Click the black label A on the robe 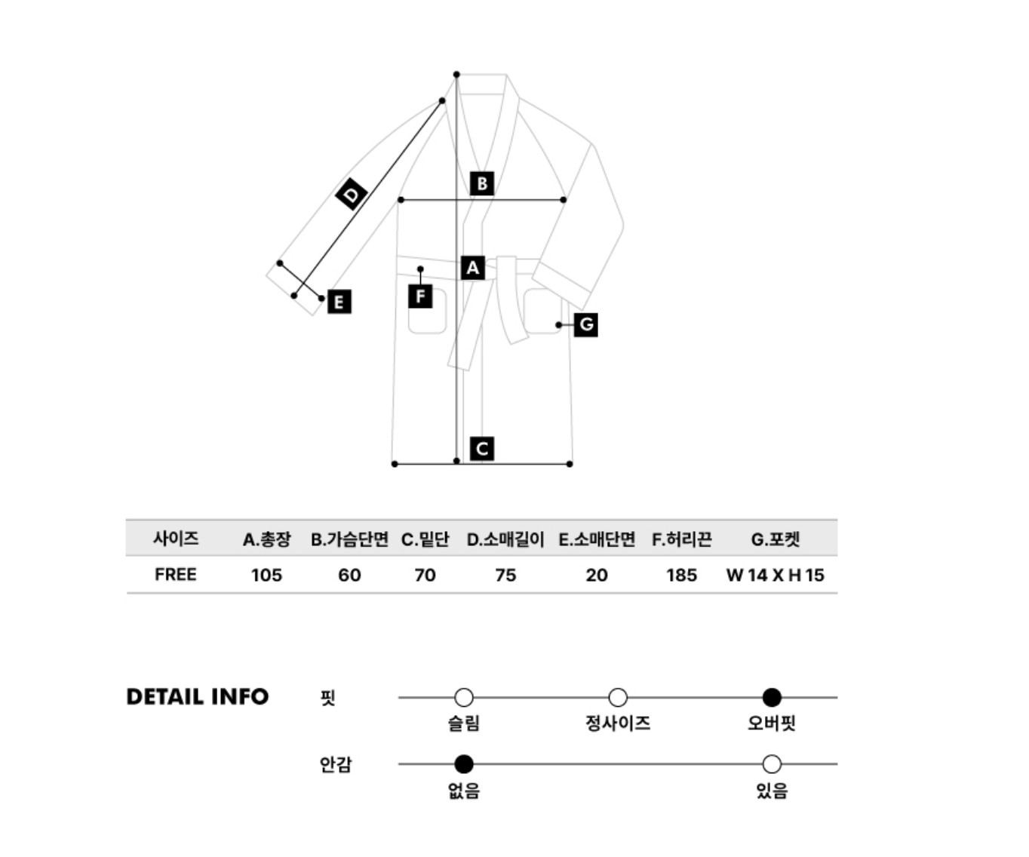point(472,268)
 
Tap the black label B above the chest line point(481,183)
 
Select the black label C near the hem point(481,449)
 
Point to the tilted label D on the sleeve point(352,194)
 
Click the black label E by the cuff point(339,302)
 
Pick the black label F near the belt point(420,296)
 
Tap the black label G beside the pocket point(586,324)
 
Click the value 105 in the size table point(266,575)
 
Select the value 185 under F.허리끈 point(681,575)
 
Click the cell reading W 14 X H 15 point(775,575)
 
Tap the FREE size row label point(176,575)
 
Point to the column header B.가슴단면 point(349,539)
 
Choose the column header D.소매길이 point(505,539)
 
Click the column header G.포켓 point(776,539)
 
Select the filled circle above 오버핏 point(772,697)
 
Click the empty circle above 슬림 point(464,697)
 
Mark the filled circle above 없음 point(464,764)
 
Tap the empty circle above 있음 point(772,764)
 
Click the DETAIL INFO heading point(198,697)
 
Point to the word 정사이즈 point(618,723)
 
